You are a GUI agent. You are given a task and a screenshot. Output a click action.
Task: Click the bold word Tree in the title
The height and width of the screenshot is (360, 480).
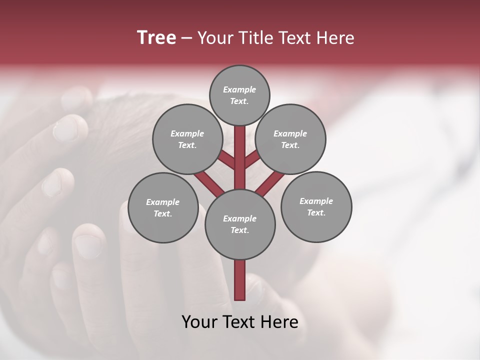tap(156, 37)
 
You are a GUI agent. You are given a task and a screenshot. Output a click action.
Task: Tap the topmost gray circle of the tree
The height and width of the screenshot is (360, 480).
tap(239, 95)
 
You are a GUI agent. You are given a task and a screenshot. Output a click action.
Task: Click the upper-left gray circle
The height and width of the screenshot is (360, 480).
tap(187, 139)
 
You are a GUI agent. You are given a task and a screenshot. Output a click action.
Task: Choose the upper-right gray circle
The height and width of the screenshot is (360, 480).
tap(290, 139)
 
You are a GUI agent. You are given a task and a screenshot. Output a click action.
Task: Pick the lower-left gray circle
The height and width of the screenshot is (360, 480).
tap(163, 207)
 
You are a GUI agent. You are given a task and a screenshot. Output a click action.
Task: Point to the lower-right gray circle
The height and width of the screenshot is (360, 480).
tap(316, 206)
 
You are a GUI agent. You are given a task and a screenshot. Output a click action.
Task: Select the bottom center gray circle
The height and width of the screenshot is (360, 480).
tap(240, 224)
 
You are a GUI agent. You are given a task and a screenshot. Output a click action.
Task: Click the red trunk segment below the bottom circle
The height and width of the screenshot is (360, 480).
tap(240, 280)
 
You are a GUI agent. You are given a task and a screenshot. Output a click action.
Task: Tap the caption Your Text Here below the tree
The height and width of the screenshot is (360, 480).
tap(240, 322)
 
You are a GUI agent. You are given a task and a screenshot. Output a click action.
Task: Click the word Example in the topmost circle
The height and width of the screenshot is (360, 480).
tap(239, 89)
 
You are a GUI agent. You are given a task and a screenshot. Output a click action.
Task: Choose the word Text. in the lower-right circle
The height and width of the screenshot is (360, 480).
tap(316, 212)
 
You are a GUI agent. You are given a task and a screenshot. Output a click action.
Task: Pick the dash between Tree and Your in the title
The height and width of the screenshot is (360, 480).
tap(186, 37)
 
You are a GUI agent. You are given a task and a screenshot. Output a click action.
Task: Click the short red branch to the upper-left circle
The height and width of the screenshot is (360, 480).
tap(226, 159)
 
